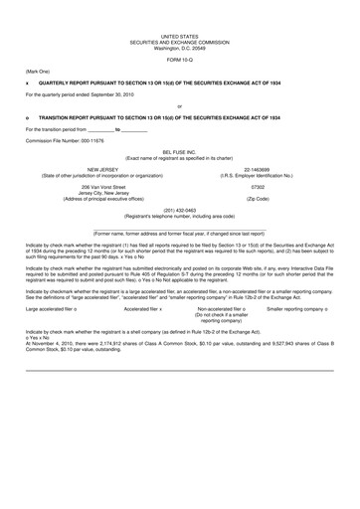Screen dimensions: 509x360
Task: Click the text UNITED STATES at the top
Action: (x=179, y=7)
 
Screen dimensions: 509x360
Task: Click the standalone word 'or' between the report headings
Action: (x=179, y=102)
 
